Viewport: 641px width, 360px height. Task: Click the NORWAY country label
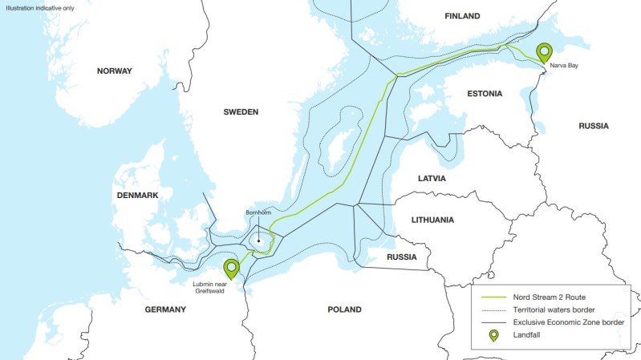(115, 71)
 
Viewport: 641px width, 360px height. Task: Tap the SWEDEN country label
(241, 112)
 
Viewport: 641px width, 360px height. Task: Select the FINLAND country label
(462, 16)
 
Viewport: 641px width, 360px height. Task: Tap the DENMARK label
(137, 196)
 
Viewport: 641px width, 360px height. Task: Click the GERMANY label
(165, 309)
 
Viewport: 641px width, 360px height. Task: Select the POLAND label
(344, 309)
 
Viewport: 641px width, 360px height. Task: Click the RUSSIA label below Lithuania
(401, 257)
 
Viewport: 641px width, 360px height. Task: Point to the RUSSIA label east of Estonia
(594, 126)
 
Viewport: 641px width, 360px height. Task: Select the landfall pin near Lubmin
(232, 269)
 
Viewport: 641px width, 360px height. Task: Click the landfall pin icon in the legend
(493, 335)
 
